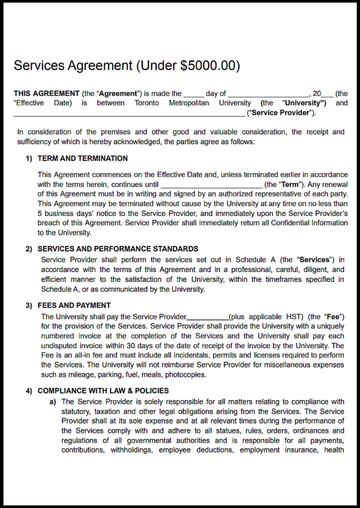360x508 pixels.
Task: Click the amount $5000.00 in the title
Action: point(208,66)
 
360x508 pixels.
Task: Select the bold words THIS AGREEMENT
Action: point(46,93)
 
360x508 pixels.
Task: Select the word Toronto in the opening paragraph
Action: point(147,103)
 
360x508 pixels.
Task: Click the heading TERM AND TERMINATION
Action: point(82,159)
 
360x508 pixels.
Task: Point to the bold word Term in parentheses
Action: point(290,185)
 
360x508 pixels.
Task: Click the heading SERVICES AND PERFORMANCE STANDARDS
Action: point(118,249)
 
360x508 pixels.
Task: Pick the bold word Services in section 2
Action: point(314,260)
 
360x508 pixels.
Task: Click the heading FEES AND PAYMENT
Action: point(74,306)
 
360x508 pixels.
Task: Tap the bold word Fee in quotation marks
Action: point(332,317)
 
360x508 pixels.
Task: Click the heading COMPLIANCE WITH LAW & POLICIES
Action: point(103,391)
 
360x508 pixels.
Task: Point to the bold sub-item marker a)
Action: point(52,402)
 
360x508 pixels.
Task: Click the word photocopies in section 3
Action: point(188,375)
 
